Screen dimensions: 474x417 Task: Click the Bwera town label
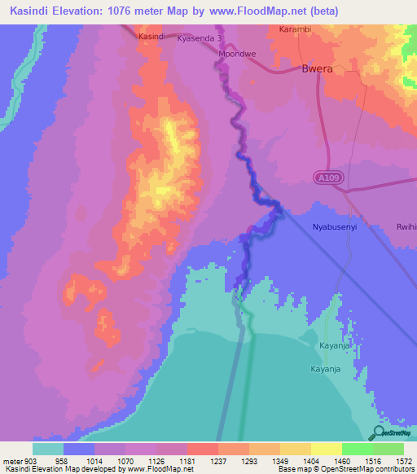coord(318,69)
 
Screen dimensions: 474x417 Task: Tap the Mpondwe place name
coord(236,54)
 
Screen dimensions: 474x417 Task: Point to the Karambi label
coord(295,29)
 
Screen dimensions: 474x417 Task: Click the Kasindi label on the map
coord(152,37)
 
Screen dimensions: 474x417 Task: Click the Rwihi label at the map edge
coord(406,227)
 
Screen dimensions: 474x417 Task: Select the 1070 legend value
coord(125,461)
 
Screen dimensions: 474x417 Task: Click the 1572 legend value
coord(403,461)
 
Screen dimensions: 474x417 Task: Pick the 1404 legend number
coord(311,461)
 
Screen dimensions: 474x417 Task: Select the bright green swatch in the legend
coord(358,449)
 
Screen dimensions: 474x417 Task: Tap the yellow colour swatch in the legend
coord(326,449)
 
